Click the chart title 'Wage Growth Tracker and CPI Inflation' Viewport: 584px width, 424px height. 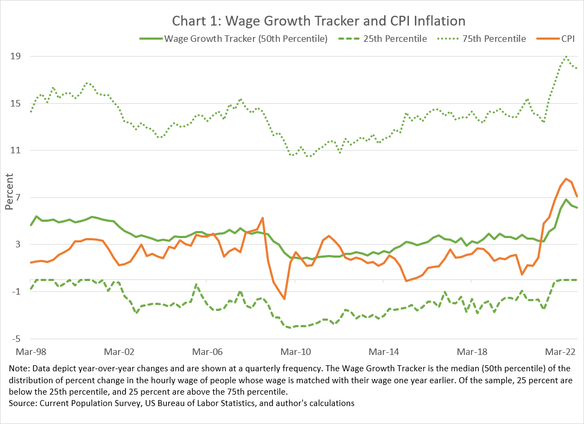(x=319, y=21)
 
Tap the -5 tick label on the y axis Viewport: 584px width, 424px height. (x=16, y=339)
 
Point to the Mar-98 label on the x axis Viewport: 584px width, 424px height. (x=31, y=351)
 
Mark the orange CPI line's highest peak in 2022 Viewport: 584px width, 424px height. (x=566, y=179)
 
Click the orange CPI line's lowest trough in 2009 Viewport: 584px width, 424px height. (x=284, y=298)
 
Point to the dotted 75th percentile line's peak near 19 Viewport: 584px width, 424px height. (x=566, y=57)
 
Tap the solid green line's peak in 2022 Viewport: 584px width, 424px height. (x=566, y=199)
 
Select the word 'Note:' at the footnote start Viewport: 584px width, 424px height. (x=21, y=369)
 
